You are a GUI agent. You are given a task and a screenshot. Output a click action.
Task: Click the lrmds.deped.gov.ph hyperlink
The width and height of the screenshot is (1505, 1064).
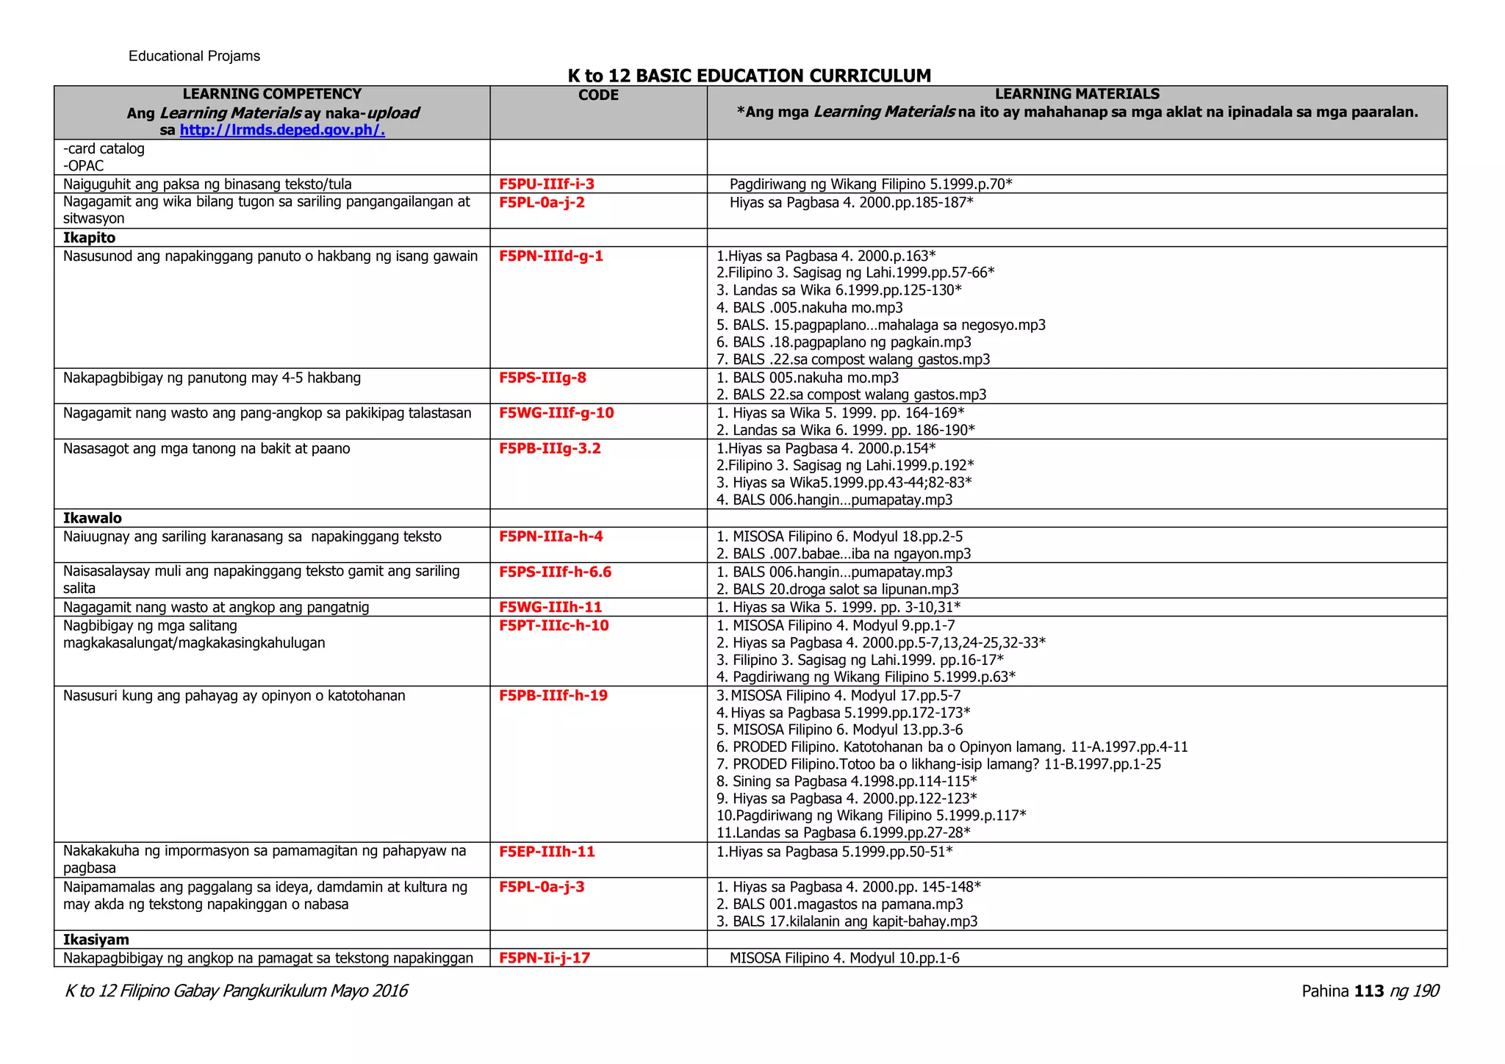(282, 130)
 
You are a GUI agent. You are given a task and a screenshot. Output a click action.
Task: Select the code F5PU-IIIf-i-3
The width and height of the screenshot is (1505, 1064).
(546, 184)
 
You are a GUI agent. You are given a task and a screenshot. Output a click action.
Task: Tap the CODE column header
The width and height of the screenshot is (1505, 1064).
(598, 95)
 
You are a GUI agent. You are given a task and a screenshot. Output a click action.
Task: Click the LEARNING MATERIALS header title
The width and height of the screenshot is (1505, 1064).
(1077, 94)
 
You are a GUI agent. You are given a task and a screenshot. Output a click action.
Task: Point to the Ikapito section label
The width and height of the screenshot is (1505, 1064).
(89, 237)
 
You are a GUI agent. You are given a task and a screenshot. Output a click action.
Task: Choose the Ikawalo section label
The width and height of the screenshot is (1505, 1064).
(92, 518)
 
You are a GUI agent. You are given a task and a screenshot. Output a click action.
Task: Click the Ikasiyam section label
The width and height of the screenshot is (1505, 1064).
(96, 940)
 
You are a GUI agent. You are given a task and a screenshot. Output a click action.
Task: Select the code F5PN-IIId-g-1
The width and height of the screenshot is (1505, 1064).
(550, 256)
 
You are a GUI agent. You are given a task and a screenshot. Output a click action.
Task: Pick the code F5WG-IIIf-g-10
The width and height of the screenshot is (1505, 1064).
(556, 413)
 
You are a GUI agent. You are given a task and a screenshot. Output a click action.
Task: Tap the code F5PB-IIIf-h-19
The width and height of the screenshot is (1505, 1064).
(553, 695)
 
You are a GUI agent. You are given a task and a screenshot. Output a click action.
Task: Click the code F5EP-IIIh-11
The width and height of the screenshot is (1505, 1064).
(547, 852)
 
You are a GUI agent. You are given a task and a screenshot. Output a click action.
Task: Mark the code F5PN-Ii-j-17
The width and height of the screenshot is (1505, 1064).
(544, 958)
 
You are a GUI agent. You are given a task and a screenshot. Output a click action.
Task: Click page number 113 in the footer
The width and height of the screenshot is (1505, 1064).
(1368, 991)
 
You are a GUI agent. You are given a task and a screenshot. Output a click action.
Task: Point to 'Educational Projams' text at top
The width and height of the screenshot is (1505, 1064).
(194, 57)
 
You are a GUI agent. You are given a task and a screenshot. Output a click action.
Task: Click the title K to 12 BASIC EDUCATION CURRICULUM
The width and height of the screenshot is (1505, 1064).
(749, 76)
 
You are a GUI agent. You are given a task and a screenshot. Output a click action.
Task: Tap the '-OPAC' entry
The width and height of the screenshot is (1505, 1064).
(83, 166)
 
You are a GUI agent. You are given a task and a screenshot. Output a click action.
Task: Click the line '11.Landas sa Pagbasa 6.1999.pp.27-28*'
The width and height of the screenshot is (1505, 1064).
(843, 833)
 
